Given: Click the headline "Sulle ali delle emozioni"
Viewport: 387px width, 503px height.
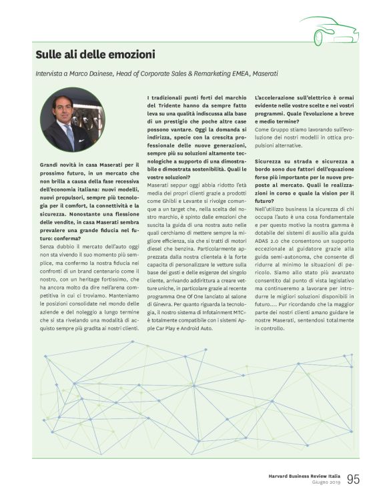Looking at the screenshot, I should pyautogui.click(x=95, y=54).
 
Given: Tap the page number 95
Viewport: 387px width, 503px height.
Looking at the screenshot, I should pyautogui.click(x=353, y=479).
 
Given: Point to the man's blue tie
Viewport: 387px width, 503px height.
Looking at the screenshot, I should pyautogui.click(x=70, y=137).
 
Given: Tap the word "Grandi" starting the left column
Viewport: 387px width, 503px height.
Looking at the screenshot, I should pyautogui.click(x=49, y=163).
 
